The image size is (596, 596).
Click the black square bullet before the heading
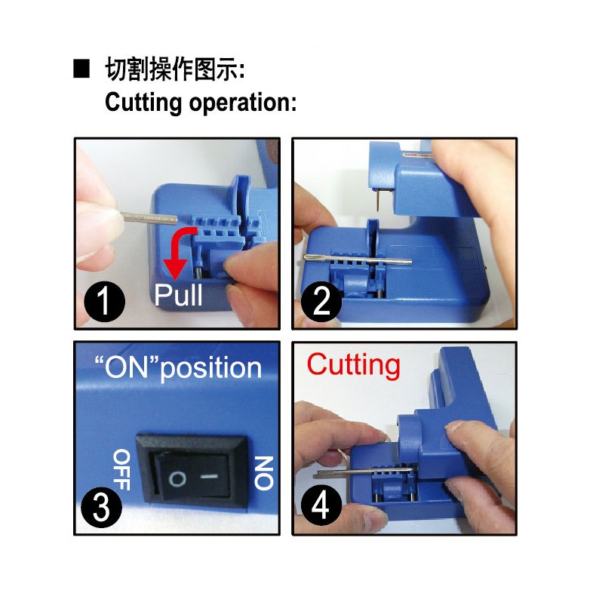[81, 69]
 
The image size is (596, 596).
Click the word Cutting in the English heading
[143, 103]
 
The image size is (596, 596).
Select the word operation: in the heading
[243, 103]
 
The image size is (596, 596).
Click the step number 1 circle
[105, 302]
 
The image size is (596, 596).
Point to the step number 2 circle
[321, 302]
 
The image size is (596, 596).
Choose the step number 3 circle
[102, 508]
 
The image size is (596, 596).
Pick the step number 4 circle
[321, 505]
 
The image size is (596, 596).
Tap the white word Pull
[178, 294]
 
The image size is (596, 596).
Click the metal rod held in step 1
[149, 218]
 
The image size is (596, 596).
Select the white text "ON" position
[178, 367]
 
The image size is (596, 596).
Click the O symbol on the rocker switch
[177, 479]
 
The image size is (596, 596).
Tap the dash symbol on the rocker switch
[209, 476]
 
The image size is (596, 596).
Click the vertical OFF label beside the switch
[122, 470]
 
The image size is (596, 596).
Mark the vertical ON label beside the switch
[264, 473]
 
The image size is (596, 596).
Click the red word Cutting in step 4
[354, 365]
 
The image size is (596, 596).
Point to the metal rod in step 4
[366, 472]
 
